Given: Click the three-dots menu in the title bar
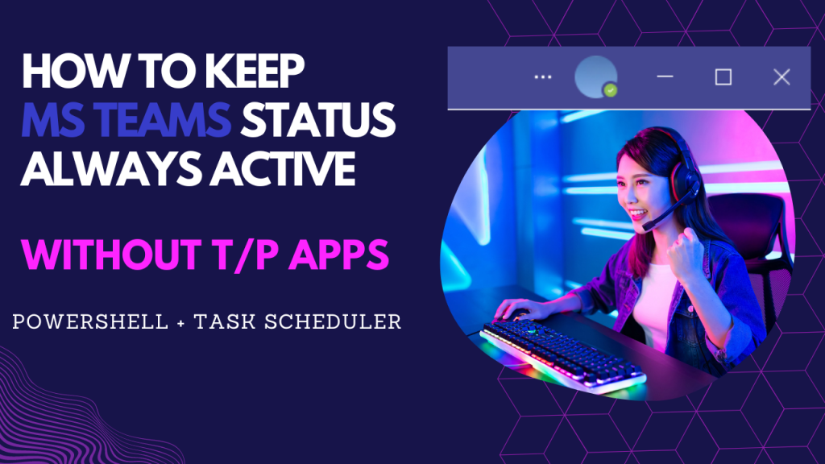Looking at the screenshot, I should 543,77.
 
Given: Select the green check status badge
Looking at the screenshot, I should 611,89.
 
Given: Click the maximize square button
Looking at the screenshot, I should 723,77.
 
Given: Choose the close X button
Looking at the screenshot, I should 781,77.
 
